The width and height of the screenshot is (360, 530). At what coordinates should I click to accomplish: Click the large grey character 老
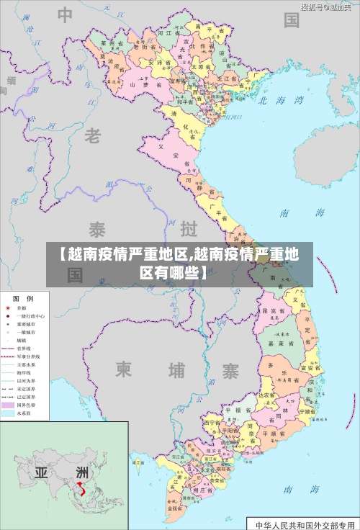tap(93, 135)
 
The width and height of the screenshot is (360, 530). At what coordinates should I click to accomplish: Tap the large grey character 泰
tap(98, 230)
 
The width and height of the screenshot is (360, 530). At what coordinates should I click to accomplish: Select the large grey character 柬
tap(124, 370)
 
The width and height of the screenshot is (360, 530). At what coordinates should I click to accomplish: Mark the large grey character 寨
tap(230, 371)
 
